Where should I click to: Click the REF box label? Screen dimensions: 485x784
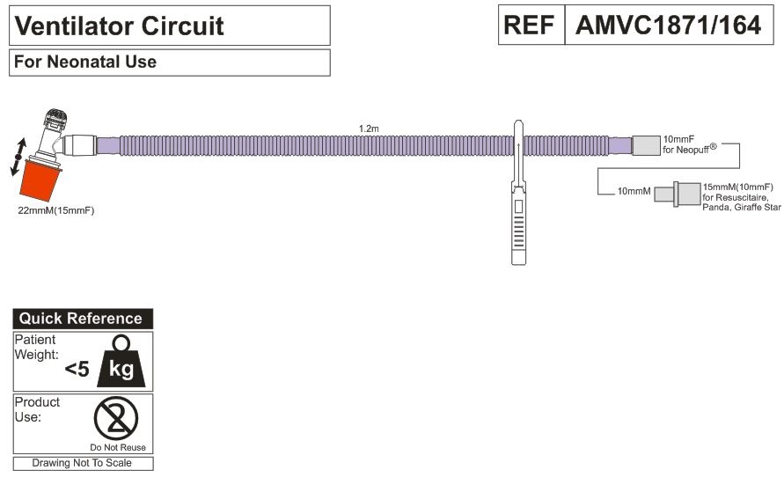531,25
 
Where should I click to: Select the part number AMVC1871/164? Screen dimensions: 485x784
668,25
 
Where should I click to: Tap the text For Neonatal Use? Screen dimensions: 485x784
85,62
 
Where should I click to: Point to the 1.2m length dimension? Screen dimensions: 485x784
369,129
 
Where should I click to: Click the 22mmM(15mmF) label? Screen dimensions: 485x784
55,211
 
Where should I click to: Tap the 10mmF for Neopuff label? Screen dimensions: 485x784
691,143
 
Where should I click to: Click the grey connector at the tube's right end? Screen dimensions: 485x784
645,145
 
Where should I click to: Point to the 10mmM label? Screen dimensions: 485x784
634,191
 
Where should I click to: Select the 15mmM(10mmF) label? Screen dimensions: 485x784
737,187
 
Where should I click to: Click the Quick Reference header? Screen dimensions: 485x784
81,319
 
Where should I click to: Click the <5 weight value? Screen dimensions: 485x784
77,370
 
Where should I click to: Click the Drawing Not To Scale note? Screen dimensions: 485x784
81,463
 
